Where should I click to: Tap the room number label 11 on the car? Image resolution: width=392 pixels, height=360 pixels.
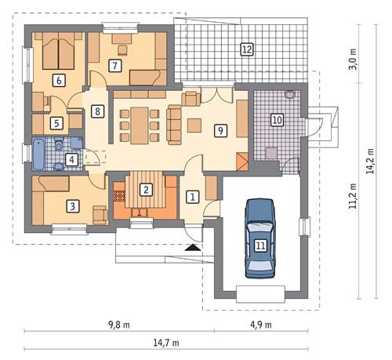pos(260,245)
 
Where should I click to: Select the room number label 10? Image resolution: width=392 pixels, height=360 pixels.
pos(277,120)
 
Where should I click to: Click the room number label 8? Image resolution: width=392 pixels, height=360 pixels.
pos(97,111)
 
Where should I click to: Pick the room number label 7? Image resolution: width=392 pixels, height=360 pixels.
pos(115,66)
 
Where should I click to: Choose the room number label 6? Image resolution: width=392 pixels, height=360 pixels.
pos(58,79)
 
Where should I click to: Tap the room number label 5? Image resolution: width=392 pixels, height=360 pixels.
pos(56,123)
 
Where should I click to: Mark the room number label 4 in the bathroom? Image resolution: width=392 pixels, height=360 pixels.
pos(72,160)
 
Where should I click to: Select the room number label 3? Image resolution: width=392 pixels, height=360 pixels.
pos(72,206)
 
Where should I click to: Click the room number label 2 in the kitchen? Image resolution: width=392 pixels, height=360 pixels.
pos(146,189)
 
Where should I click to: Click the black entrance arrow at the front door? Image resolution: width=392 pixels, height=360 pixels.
pos(192,247)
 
